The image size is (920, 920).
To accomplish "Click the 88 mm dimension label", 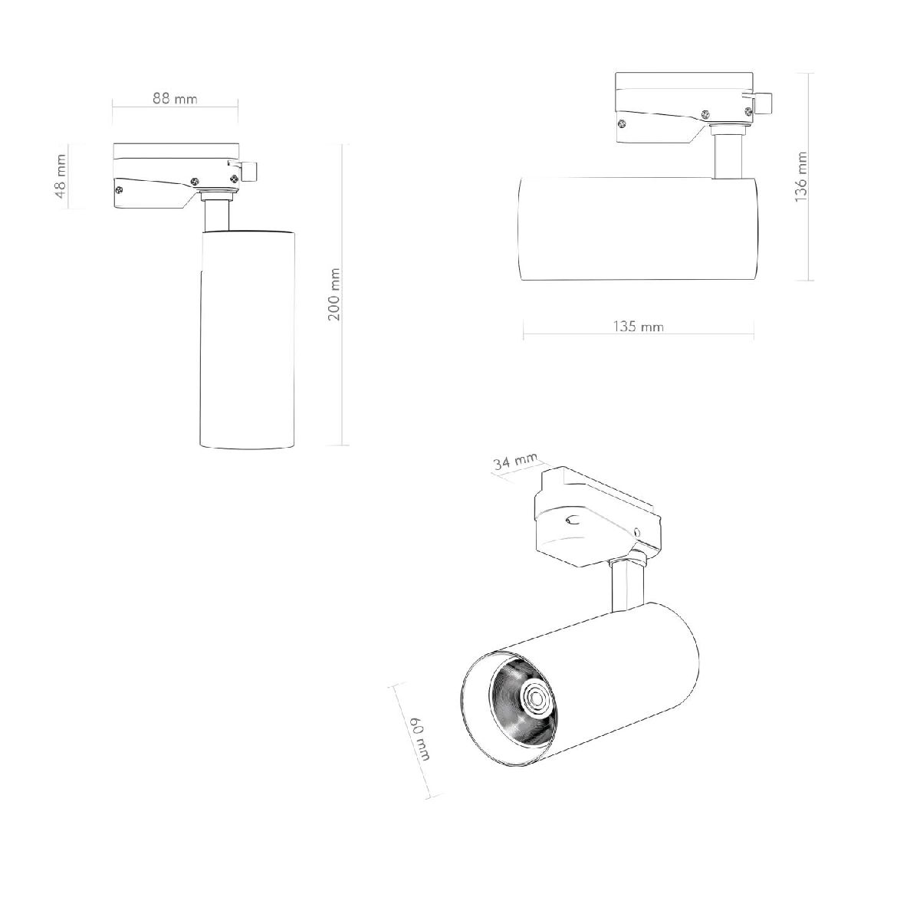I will (175, 99).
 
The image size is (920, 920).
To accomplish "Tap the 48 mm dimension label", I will (61, 176).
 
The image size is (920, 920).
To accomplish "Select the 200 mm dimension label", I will (333, 295).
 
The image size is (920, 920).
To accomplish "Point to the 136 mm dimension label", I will (801, 176).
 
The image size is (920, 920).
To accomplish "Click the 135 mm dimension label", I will (638, 327).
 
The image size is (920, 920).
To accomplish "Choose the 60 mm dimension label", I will (419, 738).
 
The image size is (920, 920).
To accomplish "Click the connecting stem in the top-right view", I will (726, 156).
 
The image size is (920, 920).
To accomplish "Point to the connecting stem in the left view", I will (216, 213).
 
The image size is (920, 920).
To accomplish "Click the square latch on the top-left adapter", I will (250, 171).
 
